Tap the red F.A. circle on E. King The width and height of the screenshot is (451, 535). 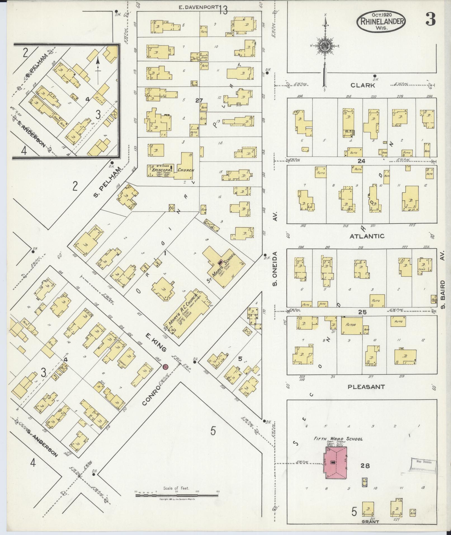click(166, 366)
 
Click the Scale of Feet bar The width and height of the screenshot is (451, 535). click(176, 495)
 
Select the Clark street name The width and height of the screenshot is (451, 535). click(362, 86)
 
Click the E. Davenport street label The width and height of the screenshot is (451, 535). click(199, 8)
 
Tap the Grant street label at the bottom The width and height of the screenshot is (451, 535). click(370, 522)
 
